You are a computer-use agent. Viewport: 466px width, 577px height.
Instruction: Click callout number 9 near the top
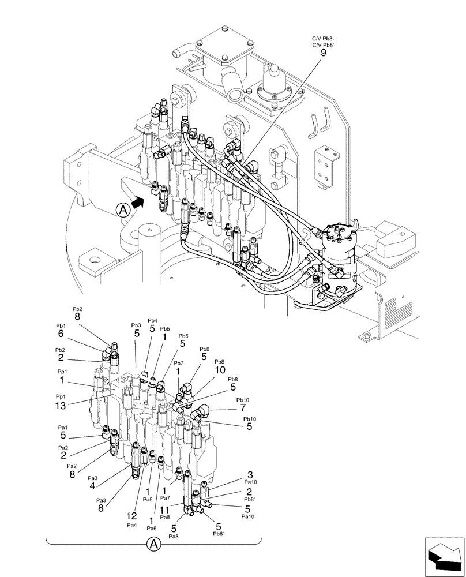(323, 53)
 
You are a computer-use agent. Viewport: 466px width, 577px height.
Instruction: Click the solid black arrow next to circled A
(137, 201)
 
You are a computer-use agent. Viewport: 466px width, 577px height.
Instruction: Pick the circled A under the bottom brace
(153, 544)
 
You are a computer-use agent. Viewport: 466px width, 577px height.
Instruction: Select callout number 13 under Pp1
(61, 406)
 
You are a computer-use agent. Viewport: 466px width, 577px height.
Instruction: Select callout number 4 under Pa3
(92, 486)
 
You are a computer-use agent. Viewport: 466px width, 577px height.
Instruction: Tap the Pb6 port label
(183, 336)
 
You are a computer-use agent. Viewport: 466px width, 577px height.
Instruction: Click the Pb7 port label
(179, 363)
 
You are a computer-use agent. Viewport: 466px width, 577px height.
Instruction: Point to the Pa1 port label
(62, 428)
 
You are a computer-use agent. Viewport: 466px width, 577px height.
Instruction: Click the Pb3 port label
(136, 325)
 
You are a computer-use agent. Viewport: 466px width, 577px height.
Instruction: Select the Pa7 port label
(165, 497)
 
